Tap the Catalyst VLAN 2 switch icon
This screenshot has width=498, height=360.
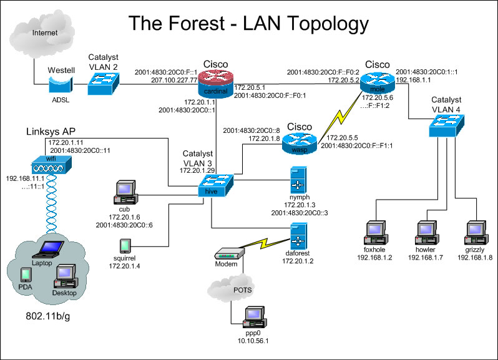(103, 82)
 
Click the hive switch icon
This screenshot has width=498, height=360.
(215, 183)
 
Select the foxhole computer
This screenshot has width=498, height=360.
(377, 232)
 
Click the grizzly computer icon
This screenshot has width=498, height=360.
(475, 232)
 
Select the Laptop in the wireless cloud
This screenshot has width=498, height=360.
(47, 251)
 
